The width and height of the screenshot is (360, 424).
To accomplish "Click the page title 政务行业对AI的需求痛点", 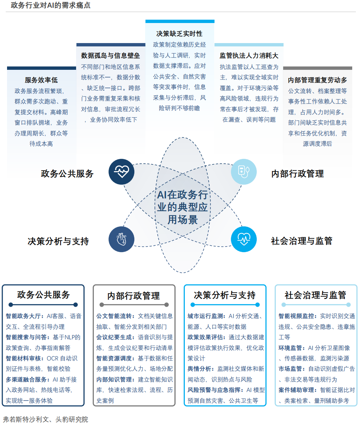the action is (x=50, y=6).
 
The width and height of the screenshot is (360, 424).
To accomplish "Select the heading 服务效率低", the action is (x=41, y=80).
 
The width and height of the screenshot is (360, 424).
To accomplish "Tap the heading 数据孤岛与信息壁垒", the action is (x=111, y=56).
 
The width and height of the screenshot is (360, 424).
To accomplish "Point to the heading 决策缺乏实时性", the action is (x=180, y=34).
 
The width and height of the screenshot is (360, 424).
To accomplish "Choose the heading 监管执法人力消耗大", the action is (x=249, y=56).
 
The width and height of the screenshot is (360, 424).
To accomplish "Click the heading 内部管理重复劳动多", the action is (x=318, y=80).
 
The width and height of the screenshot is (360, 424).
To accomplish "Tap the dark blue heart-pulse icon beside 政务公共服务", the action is (x=121, y=172).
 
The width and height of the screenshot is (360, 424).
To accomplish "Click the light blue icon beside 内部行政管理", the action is (x=243, y=172).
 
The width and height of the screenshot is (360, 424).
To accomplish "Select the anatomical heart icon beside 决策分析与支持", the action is (x=121, y=239).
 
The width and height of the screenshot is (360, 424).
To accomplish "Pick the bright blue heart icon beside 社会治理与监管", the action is (x=243, y=239).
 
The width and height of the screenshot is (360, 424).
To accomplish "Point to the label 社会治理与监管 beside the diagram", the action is (x=301, y=241).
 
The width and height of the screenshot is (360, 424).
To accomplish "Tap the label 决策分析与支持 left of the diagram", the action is (x=58, y=241).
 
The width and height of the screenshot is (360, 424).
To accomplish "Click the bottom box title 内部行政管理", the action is (x=134, y=296).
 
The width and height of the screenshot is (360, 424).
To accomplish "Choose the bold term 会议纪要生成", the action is (x=115, y=337).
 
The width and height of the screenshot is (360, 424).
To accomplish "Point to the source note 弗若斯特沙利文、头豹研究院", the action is (x=45, y=419).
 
